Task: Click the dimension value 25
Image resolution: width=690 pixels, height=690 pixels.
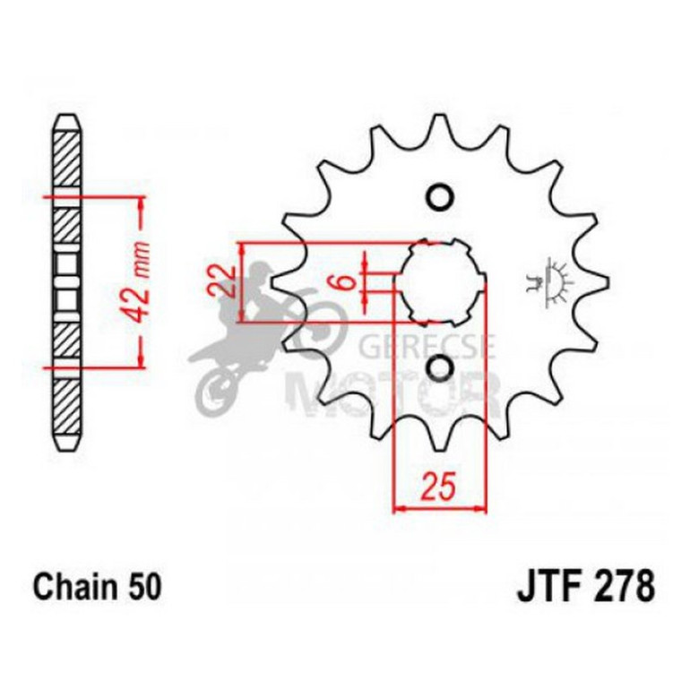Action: (439, 488)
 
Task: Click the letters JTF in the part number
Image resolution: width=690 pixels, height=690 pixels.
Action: (547, 588)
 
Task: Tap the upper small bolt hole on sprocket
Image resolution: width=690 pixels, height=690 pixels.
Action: (438, 198)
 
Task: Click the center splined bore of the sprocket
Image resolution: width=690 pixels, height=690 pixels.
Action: (438, 282)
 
